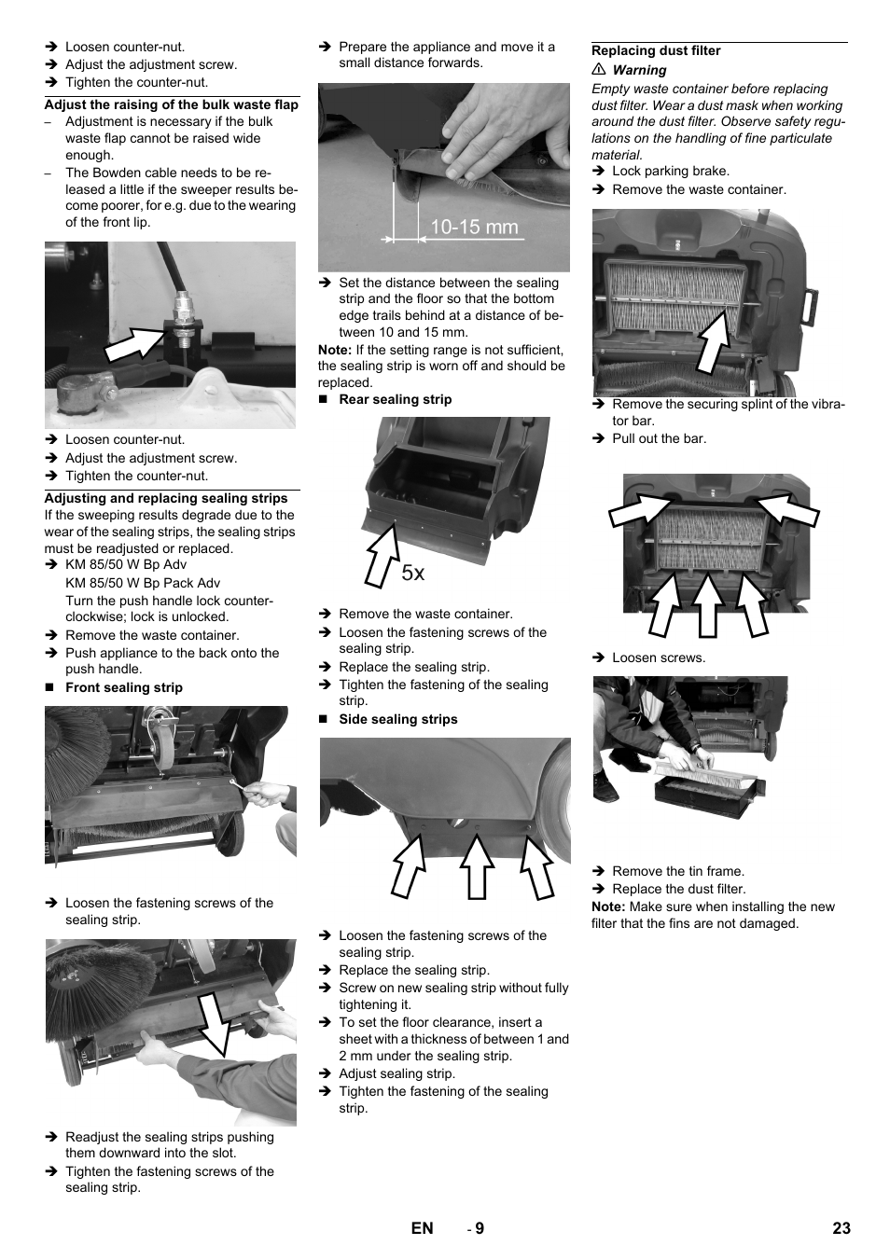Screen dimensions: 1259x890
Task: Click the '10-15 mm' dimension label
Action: click(474, 227)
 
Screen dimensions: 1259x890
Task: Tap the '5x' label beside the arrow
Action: click(413, 574)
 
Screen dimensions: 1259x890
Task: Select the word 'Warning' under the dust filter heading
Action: click(639, 70)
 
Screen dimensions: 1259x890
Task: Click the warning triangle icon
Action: click(599, 70)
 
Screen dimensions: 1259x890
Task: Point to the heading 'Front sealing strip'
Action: click(124, 687)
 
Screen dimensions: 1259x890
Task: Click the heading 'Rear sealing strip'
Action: click(395, 399)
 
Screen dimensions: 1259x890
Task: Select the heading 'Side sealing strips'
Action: click(398, 719)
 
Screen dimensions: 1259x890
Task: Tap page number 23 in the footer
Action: click(841, 1228)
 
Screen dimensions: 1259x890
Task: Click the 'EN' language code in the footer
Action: click(422, 1228)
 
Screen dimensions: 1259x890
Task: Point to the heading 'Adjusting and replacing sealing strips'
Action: click(166, 498)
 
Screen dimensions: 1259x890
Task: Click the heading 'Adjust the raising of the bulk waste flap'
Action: click(172, 104)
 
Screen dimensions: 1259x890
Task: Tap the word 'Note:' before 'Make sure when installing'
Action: click(608, 906)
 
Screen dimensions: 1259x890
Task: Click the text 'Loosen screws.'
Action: click(659, 657)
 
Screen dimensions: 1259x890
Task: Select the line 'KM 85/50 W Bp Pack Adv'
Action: click(143, 583)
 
